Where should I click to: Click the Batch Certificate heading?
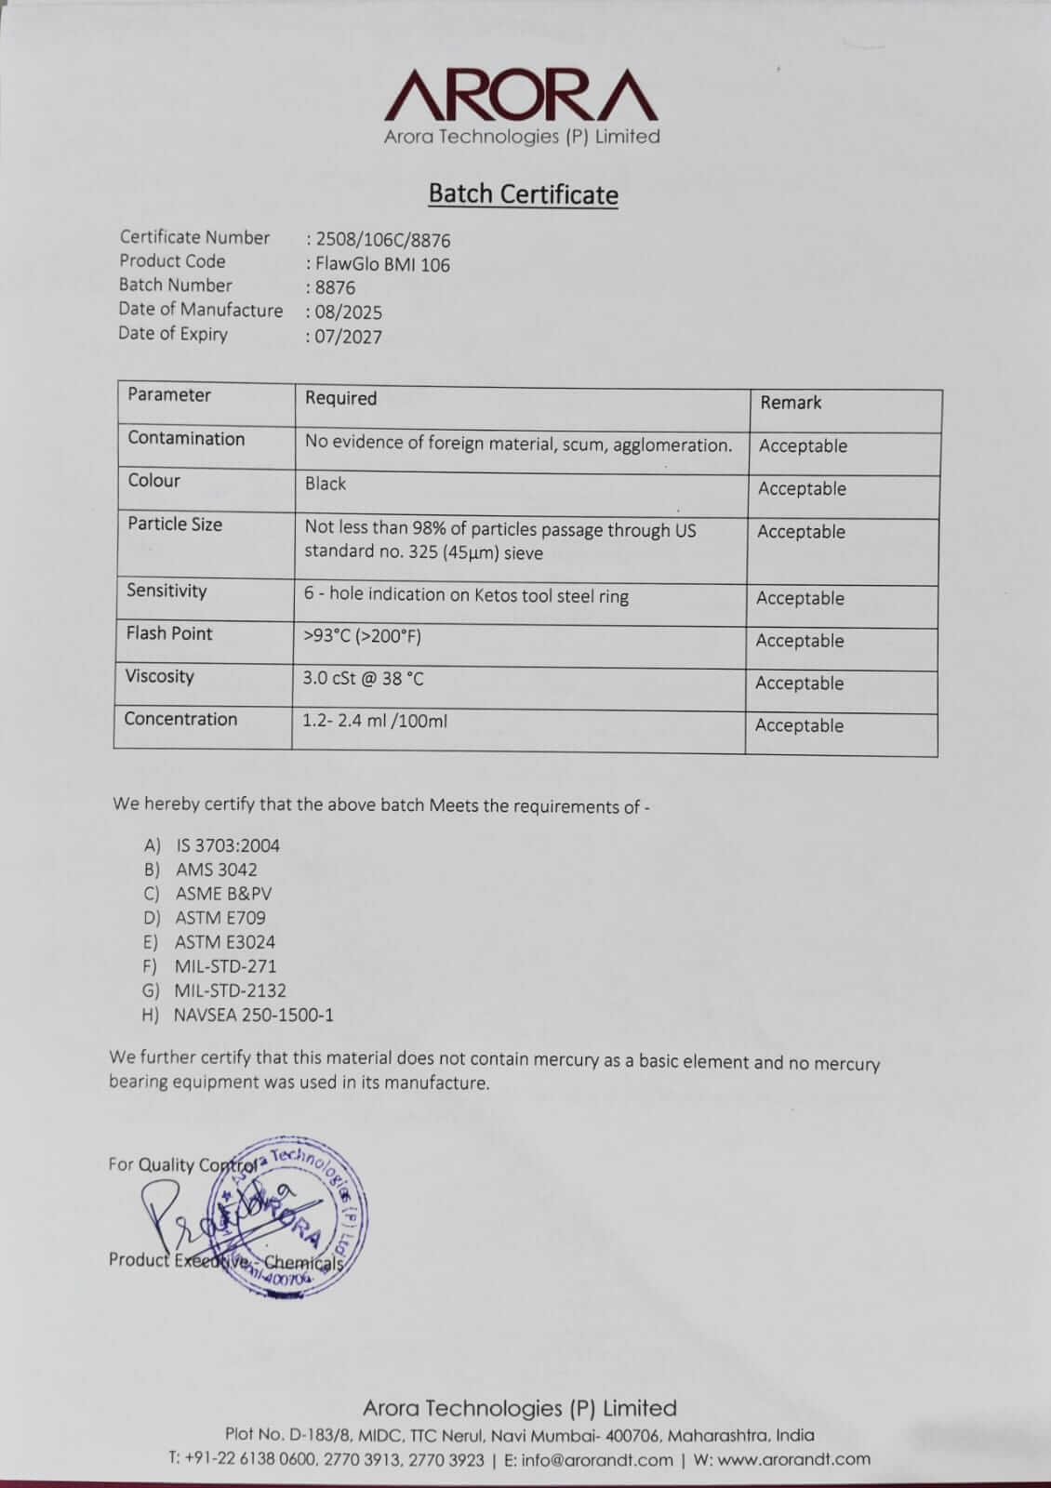pyautogui.click(x=523, y=193)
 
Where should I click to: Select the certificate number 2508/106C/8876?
pyautogui.click(x=383, y=240)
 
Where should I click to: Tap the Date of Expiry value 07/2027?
pyautogui.click(x=348, y=337)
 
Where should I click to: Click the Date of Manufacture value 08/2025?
pyautogui.click(x=348, y=312)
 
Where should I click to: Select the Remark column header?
pyautogui.click(x=791, y=402)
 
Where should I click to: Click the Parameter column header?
pyautogui.click(x=169, y=394)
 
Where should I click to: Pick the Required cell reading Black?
pyautogui.click(x=326, y=484)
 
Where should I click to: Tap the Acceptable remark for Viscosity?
pyautogui.click(x=799, y=684)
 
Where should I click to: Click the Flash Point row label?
pyautogui.click(x=169, y=633)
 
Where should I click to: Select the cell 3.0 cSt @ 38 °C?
pyautogui.click(x=363, y=678)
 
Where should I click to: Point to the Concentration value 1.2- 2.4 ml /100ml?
pyautogui.click(x=375, y=720)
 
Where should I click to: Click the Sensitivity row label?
pyautogui.click(x=166, y=591)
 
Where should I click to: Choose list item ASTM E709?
pyautogui.click(x=220, y=918)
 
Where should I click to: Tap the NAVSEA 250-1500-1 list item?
pyautogui.click(x=253, y=1015)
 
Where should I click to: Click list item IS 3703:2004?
pyautogui.click(x=228, y=845)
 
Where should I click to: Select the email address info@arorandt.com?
pyautogui.click(x=596, y=1459)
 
